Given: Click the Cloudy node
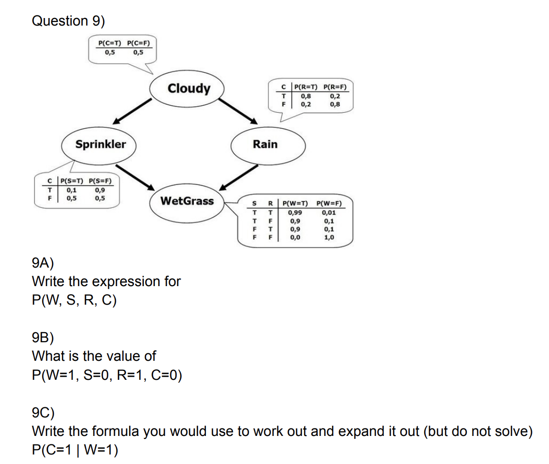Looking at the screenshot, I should pyautogui.click(x=189, y=89).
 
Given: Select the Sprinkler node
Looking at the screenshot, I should pyautogui.click(x=101, y=144).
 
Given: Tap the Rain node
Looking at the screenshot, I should pyautogui.click(x=265, y=144).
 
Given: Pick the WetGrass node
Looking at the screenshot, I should pyautogui.click(x=187, y=201).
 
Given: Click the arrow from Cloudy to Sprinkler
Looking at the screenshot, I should pyautogui.click(x=132, y=111).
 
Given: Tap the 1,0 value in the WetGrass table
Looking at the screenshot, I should pyautogui.click(x=328, y=238).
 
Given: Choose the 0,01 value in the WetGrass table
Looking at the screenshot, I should pyautogui.click(x=328, y=212).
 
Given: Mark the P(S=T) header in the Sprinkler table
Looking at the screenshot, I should pyautogui.click(x=72, y=181).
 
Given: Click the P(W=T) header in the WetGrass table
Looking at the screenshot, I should pyautogui.click(x=295, y=204).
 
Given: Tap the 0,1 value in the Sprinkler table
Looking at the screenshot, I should pyautogui.click(x=72, y=189).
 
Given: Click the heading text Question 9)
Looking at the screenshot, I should pyautogui.click(x=69, y=21).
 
